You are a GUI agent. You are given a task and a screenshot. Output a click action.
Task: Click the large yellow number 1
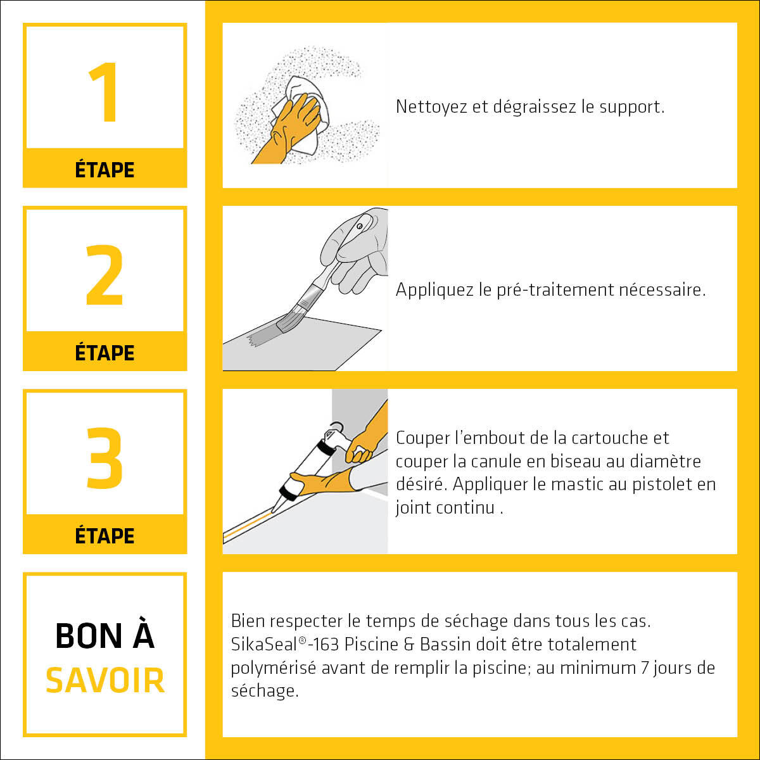point(104,92)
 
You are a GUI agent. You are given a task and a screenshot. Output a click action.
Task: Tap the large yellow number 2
point(104,275)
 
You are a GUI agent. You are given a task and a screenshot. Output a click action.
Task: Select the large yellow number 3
point(104,458)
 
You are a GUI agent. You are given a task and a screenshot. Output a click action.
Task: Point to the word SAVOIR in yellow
point(105,680)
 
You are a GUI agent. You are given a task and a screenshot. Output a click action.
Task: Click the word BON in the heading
point(89,636)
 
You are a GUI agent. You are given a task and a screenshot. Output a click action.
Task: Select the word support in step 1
point(632,108)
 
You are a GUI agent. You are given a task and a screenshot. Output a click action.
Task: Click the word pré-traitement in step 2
point(555,290)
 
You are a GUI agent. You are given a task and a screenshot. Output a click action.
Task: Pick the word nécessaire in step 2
point(662,290)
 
